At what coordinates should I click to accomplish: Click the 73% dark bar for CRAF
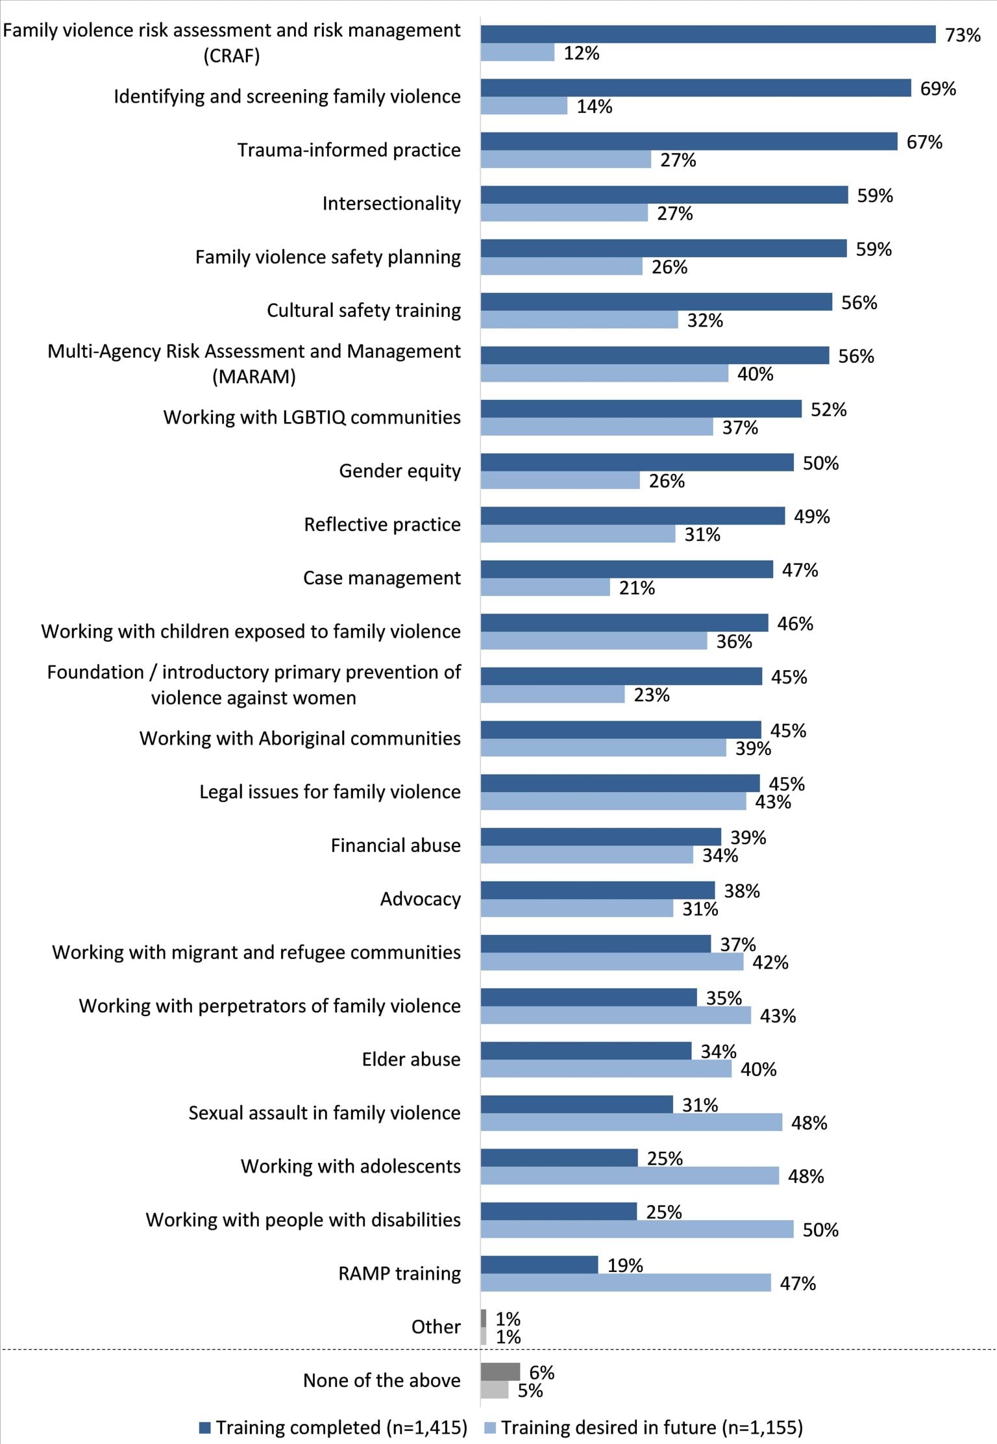pyautogui.click(x=708, y=34)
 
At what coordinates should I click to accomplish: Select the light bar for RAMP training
pyautogui.click(x=626, y=1282)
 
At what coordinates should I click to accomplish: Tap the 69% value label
pyautogui.click(x=938, y=88)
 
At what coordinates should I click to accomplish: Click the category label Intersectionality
pyautogui.click(x=391, y=204)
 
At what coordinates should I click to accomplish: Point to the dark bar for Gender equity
pyautogui.click(x=637, y=462)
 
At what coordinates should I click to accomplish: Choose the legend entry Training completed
pyautogui.click(x=334, y=1427)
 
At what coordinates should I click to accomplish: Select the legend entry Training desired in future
pyautogui.click(x=644, y=1427)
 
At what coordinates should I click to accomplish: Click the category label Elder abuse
pyautogui.click(x=411, y=1060)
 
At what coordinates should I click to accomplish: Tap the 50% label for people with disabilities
pyautogui.click(x=820, y=1230)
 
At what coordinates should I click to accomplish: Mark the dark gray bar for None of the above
pyautogui.click(x=500, y=1372)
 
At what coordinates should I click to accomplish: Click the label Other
pyautogui.click(x=436, y=1327)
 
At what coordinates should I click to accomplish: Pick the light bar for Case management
pyautogui.click(x=545, y=588)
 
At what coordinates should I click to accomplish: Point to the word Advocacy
pyautogui.click(x=420, y=899)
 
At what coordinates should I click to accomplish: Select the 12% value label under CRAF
pyautogui.click(x=581, y=53)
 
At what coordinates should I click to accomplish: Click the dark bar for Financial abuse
pyautogui.click(x=600, y=837)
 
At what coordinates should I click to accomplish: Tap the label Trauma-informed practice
pyautogui.click(x=349, y=150)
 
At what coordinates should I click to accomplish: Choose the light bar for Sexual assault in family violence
pyautogui.click(x=631, y=1122)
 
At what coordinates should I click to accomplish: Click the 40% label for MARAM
pyautogui.click(x=755, y=374)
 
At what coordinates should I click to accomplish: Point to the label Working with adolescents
pyautogui.click(x=351, y=1167)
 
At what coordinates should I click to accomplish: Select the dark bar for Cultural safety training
pyautogui.click(x=656, y=302)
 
